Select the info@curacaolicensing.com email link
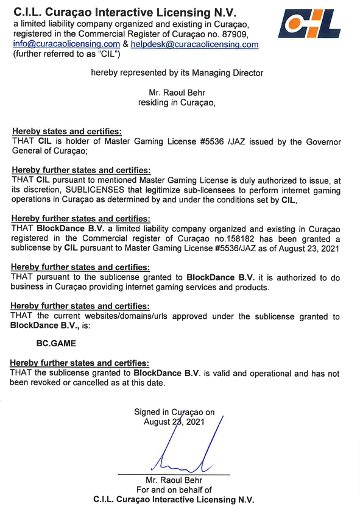pyautogui.click(x=66, y=44)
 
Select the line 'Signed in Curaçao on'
pyautogui.click(x=174, y=412)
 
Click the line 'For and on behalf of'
pyautogui.click(x=174, y=490)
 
